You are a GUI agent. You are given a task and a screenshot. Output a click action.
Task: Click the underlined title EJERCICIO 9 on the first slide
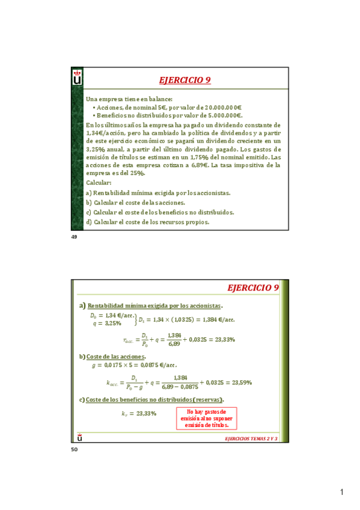point(185,80)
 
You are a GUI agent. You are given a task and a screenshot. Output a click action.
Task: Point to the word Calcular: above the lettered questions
point(99,182)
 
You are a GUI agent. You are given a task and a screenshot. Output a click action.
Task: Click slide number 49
point(75,238)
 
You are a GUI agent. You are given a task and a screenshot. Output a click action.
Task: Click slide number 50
point(75,450)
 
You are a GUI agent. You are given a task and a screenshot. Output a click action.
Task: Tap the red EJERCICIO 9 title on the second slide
point(254,288)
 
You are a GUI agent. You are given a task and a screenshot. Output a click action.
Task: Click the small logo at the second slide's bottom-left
point(80,437)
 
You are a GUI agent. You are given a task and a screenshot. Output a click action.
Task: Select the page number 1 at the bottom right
point(341,493)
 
